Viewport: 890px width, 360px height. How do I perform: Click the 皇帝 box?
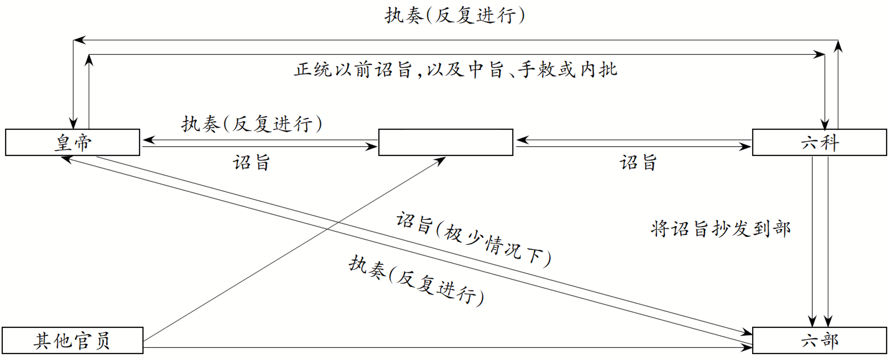[x=72, y=143]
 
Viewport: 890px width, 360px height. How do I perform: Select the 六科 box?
[x=819, y=143]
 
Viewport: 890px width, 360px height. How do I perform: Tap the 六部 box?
[x=819, y=340]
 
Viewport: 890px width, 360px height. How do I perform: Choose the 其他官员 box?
[x=72, y=340]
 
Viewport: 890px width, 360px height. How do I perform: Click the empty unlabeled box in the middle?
[x=445, y=143]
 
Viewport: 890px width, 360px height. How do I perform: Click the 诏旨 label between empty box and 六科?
[x=638, y=163]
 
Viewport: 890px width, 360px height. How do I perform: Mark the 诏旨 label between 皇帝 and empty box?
[x=252, y=163]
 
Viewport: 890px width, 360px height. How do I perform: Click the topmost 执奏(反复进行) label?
[x=455, y=15]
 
